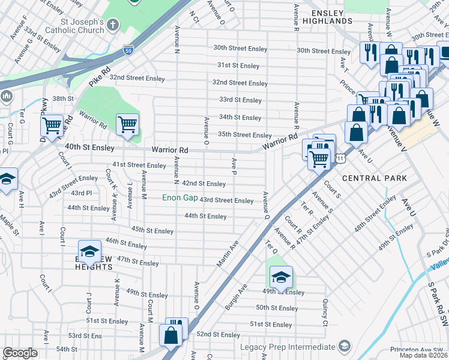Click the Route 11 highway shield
point(340,158)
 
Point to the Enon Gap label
point(180,197)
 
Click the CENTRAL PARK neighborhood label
point(374,178)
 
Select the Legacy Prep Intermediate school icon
point(344,347)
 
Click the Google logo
point(20,352)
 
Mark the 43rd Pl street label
point(81,193)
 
